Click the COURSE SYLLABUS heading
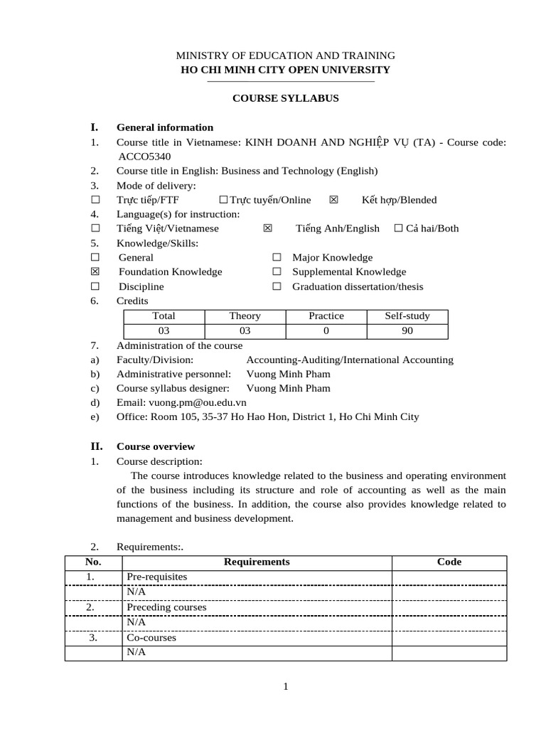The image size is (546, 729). click(286, 98)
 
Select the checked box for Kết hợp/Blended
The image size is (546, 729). click(334, 200)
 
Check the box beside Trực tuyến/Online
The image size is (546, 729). click(223, 200)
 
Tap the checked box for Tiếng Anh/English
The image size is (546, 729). click(267, 229)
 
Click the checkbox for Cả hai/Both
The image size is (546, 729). click(398, 229)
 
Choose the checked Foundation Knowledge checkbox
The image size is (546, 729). click(95, 272)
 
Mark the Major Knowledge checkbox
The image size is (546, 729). click(277, 258)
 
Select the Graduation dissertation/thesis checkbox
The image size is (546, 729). click(277, 287)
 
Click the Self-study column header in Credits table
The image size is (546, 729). click(407, 316)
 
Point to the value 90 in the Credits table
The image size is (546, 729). click(407, 331)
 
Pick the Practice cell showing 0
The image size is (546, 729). click(326, 331)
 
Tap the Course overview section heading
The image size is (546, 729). click(155, 446)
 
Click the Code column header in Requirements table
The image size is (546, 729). click(449, 562)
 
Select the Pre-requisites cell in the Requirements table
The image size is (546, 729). click(156, 577)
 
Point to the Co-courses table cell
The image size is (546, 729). click(151, 638)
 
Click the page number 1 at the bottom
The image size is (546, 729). click(285, 686)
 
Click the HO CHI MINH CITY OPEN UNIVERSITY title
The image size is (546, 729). click(286, 69)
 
